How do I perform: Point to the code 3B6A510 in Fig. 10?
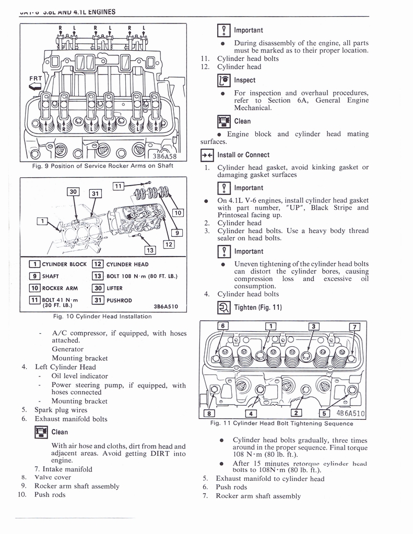[x=167, y=307]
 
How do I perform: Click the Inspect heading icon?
[x=223, y=80]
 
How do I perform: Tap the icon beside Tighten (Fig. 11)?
[x=223, y=307]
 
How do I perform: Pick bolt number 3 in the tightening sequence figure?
[x=314, y=326]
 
